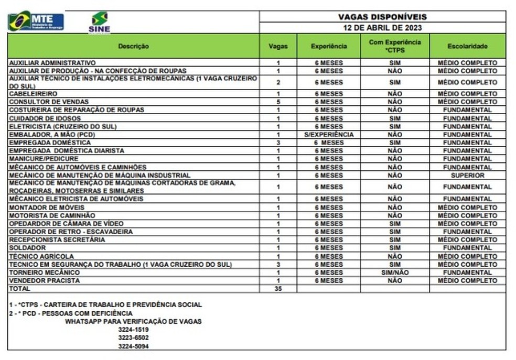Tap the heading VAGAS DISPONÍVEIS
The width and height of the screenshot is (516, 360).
pyautogui.click(x=382, y=17)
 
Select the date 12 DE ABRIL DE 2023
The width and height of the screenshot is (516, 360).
pyautogui.click(x=382, y=28)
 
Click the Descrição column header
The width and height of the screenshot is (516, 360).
pyautogui.click(x=133, y=46)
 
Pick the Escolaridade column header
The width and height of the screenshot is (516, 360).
pyautogui.click(x=467, y=46)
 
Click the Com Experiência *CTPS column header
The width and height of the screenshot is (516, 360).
pyautogui.click(x=395, y=46)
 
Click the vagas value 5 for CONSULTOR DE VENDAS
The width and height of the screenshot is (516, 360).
pyautogui.click(x=278, y=102)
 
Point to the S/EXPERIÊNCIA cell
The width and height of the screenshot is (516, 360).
pyautogui.click(x=328, y=135)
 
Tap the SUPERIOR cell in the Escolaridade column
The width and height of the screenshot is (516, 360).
pyautogui.click(x=467, y=176)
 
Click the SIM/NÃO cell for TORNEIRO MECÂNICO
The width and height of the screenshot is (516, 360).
pyautogui.click(x=395, y=272)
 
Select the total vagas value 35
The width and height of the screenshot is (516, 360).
pyautogui.click(x=278, y=289)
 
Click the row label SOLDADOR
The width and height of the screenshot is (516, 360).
pyautogui.click(x=28, y=248)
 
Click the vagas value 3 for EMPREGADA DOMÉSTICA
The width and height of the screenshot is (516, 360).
pyautogui.click(x=278, y=143)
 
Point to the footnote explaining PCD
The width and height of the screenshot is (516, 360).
pyautogui.click(x=71, y=313)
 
